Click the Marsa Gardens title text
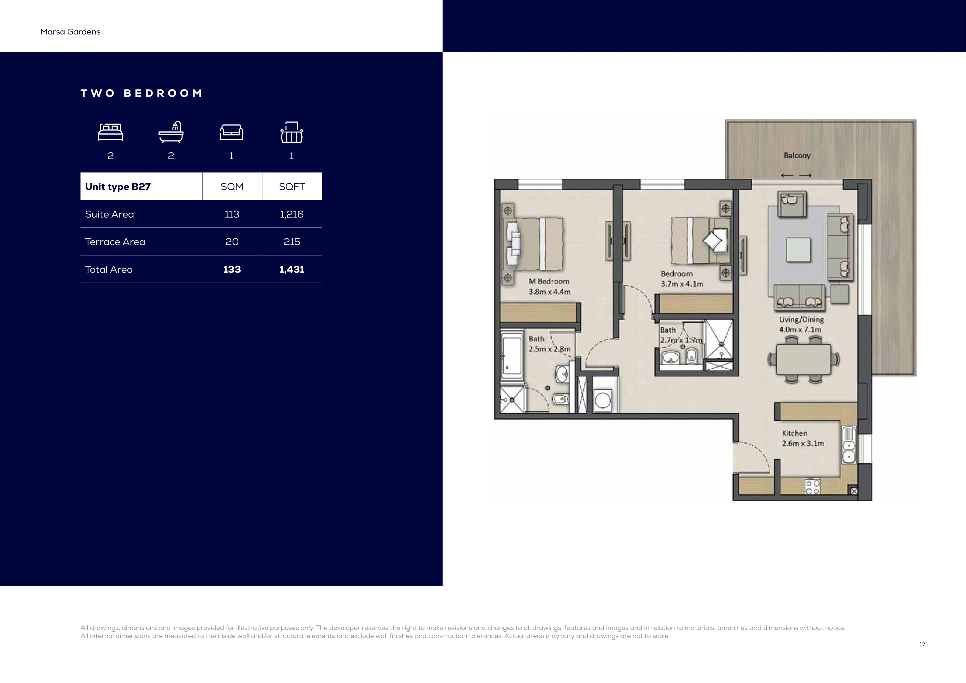[x=70, y=32]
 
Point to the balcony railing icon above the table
[x=291, y=132]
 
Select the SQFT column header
[x=292, y=186]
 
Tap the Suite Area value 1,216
[x=291, y=214]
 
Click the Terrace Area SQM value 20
[x=232, y=242]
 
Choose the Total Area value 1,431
[x=291, y=269]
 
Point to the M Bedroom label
[x=549, y=281]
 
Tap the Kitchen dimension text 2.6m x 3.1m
[x=803, y=444]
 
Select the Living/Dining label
[x=801, y=319]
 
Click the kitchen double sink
[x=848, y=445]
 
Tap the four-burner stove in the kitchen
[x=812, y=486]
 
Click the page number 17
[x=922, y=644]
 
